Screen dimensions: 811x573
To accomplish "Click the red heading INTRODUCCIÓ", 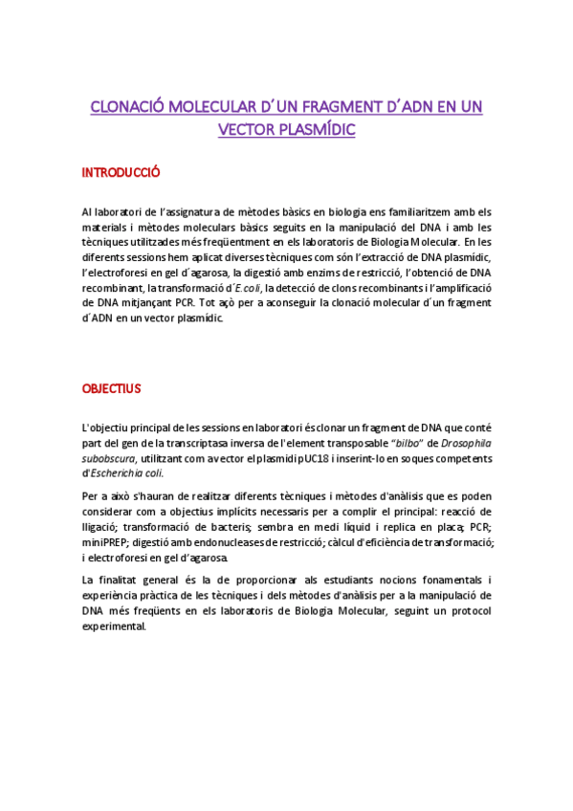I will tap(120, 173).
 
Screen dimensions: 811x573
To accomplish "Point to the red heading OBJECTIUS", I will tap(112, 388).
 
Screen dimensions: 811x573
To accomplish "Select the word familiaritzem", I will tap(416, 211).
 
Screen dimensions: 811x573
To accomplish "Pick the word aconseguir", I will tap(283, 302).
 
